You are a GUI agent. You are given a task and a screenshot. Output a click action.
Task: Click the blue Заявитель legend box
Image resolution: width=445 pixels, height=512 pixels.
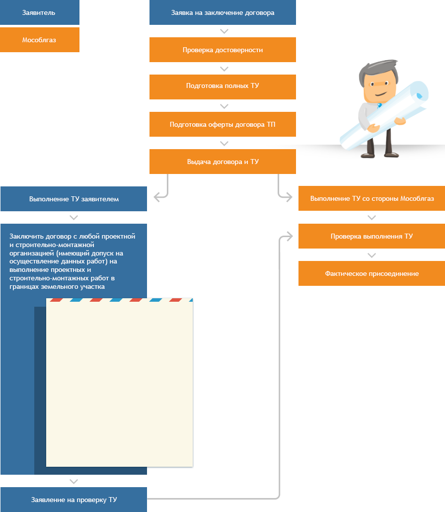[39, 12]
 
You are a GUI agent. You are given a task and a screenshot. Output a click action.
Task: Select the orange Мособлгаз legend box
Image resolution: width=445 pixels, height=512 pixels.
[39, 40]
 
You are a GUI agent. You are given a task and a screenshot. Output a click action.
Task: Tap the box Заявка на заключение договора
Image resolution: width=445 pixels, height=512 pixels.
[222, 12]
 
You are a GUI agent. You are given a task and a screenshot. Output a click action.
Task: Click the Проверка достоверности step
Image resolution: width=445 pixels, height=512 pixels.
[222, 50]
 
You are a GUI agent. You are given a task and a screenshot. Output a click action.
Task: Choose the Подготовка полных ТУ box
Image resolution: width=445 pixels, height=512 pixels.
[222, 87]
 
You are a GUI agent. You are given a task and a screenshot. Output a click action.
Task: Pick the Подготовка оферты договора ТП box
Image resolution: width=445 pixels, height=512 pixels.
[222, 124]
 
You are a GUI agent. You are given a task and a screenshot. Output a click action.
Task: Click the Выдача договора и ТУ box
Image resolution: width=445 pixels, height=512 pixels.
[222, 162]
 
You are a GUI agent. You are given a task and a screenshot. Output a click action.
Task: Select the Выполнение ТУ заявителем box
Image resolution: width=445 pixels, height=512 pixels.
[74, 199]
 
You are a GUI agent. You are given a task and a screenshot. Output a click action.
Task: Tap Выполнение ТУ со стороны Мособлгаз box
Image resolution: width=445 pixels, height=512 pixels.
[371, 198]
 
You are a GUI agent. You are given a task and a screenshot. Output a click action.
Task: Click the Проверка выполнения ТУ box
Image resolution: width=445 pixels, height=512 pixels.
[371, 236]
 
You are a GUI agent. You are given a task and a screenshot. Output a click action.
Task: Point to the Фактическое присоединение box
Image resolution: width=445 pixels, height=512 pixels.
[371, 273]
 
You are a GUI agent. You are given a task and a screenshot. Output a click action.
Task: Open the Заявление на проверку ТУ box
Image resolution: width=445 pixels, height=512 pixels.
[74, 500]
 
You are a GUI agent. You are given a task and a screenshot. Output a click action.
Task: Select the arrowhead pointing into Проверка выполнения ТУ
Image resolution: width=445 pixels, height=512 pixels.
[290, 237]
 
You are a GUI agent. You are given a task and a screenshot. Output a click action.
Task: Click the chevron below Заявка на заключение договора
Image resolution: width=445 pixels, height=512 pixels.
[224, 31]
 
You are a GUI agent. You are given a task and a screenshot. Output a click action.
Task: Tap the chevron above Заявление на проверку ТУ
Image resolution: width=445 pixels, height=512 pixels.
[74, 481]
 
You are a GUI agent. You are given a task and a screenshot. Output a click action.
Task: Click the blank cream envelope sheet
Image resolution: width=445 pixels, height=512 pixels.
[119, 382]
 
